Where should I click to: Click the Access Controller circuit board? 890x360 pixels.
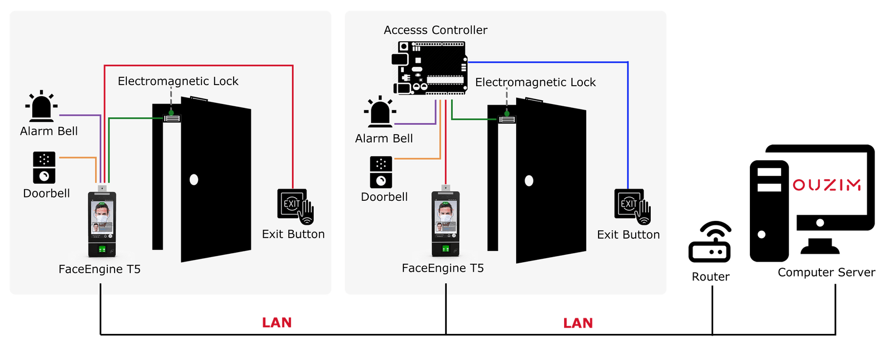click(x=429, y=68)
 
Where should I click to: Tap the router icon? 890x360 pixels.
click(x=710, y=242)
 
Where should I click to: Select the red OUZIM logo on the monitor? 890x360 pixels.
click(x=827, y=185)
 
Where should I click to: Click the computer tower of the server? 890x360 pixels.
click(x=769, y=211)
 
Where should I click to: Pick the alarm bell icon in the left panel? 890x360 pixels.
click(x=41, y=106)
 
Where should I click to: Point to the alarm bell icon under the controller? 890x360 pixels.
click(x=380, y=112)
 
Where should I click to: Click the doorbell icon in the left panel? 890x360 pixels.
click(x=44, y=167)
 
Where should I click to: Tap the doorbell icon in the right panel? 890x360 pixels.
click(x=381, y=172)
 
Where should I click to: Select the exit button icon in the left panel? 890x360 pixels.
click(x=295, y=206)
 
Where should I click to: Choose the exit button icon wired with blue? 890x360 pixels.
click(x=632, y=206)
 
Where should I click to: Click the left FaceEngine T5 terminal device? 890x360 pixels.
click(x=102, y=221)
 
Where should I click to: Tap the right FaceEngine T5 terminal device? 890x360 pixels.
click(x=446, y=221)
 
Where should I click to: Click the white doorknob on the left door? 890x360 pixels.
click(x=194, y=180)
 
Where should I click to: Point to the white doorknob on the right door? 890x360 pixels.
click(x=529, y=181)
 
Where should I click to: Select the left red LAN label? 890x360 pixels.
click(x=277, y=323)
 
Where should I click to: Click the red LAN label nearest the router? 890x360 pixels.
click(x=578, y=323)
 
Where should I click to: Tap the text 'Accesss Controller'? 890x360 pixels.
click(x=436, y=30)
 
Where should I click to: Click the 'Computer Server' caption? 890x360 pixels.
click(x=827, y=273)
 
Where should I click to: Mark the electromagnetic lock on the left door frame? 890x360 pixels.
click(x=172, y=119)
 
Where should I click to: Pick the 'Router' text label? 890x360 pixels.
click(x=710, y=277)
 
